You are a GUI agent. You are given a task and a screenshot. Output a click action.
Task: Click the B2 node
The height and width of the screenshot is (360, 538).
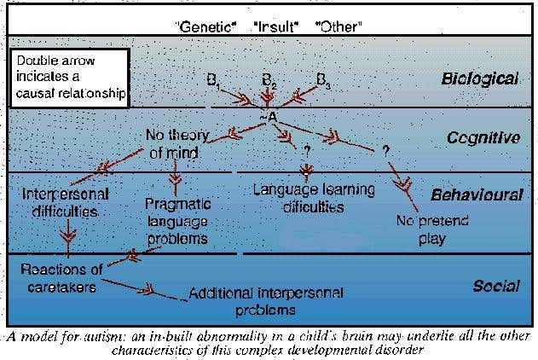[269, 81]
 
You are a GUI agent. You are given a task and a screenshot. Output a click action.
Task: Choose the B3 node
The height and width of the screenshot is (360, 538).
[323, 81]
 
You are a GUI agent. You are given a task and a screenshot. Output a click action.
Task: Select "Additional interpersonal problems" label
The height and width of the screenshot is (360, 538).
[266, 300]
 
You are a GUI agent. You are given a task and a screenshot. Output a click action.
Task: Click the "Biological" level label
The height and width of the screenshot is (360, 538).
[479, 79]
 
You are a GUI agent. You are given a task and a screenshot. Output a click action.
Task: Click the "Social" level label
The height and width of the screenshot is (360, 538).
[496, 286]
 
